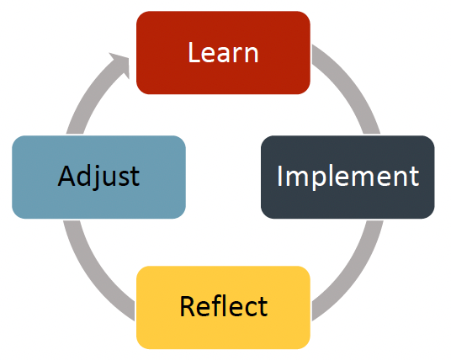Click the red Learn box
(x=223, y=53)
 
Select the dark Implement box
(x=348, y=177)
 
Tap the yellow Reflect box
(x=223, y=307)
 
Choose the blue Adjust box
(x=98, y=177)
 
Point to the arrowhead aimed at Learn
(x=121, y=64)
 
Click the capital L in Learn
(x=194, y=52)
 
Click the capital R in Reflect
(x=187, y=306)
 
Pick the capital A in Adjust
(x=66, y=176)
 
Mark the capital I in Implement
(x=279, y=176)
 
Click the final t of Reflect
(x=263, y=307)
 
